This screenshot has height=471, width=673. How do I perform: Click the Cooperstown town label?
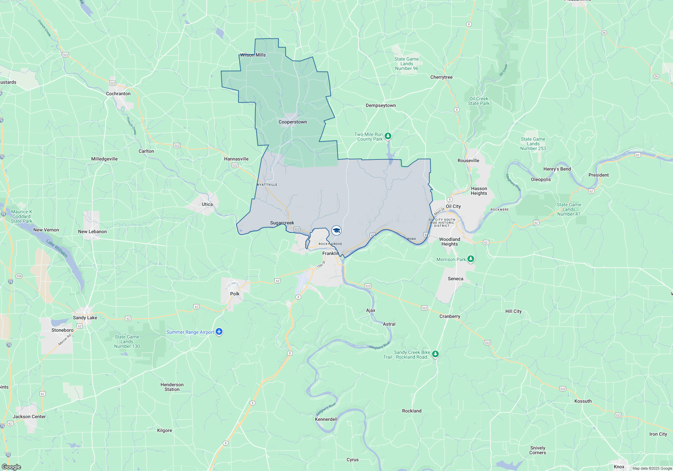tap(292, 122)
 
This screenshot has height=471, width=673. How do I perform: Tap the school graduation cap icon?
tap(336, 230)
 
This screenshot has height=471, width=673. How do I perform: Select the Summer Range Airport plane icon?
tap(219, 332)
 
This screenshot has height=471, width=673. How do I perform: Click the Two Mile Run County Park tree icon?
tap(388, 136)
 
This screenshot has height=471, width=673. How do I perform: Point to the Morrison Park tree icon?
tap(471, 259)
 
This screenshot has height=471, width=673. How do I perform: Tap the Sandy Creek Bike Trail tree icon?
tap(435, 354)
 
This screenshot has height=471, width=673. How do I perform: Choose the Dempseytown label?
tap(381, 105)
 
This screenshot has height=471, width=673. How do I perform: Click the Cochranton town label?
tap(118, 94)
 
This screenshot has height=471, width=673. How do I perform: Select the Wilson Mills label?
tap(253, 55)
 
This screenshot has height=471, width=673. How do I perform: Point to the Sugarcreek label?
tap(282, 223)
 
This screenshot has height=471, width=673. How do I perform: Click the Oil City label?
tap(453, 206)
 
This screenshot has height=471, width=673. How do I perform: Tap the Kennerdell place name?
tap(326, 419)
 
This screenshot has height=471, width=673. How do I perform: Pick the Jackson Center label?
tap(29, 416)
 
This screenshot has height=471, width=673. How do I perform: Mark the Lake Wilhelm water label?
tap(57, 248)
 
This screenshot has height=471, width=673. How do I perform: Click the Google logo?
tap(11, 467)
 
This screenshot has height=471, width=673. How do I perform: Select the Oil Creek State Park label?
tap(479, 101)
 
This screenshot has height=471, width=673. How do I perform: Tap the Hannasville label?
tap(236, 159)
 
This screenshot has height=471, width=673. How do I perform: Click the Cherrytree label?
tap(441, 77)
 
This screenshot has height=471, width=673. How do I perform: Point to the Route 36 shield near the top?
tap(604, 33)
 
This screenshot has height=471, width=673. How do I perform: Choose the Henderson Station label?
tap(172, 387)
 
